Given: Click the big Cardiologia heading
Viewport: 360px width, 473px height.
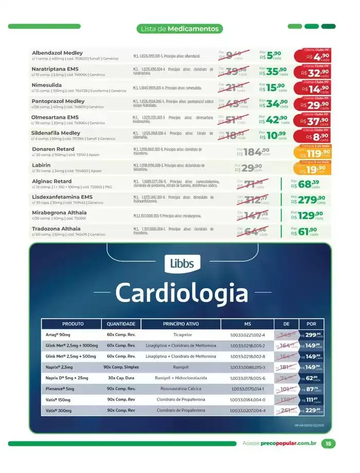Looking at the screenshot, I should [182, 293].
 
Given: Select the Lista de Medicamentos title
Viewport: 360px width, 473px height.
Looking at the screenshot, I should [180, 29].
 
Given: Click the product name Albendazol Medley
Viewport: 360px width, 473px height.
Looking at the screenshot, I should [57, 53].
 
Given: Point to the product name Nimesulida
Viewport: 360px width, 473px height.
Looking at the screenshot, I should [47, 84].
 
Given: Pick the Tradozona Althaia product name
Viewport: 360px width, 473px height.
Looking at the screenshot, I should [56, 229].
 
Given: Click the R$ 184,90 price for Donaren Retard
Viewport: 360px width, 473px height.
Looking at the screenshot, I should [253, 152].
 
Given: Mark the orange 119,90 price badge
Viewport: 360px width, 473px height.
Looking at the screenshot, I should [315, 152].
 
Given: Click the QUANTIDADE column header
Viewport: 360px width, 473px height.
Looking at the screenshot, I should [121, 324].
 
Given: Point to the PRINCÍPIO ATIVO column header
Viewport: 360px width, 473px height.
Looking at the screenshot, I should [181, 324].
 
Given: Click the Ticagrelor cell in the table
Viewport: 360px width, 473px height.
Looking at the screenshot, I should [181, 335].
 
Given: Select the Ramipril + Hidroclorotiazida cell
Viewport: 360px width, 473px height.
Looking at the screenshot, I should [181, 378].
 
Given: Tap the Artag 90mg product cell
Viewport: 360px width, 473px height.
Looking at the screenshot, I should [58, 335].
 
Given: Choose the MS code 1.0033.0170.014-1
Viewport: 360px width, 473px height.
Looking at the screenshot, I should [247, 389].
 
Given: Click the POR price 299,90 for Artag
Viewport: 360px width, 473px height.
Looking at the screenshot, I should [313, 335].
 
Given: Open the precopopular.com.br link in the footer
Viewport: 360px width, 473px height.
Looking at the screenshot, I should [288, 444].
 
